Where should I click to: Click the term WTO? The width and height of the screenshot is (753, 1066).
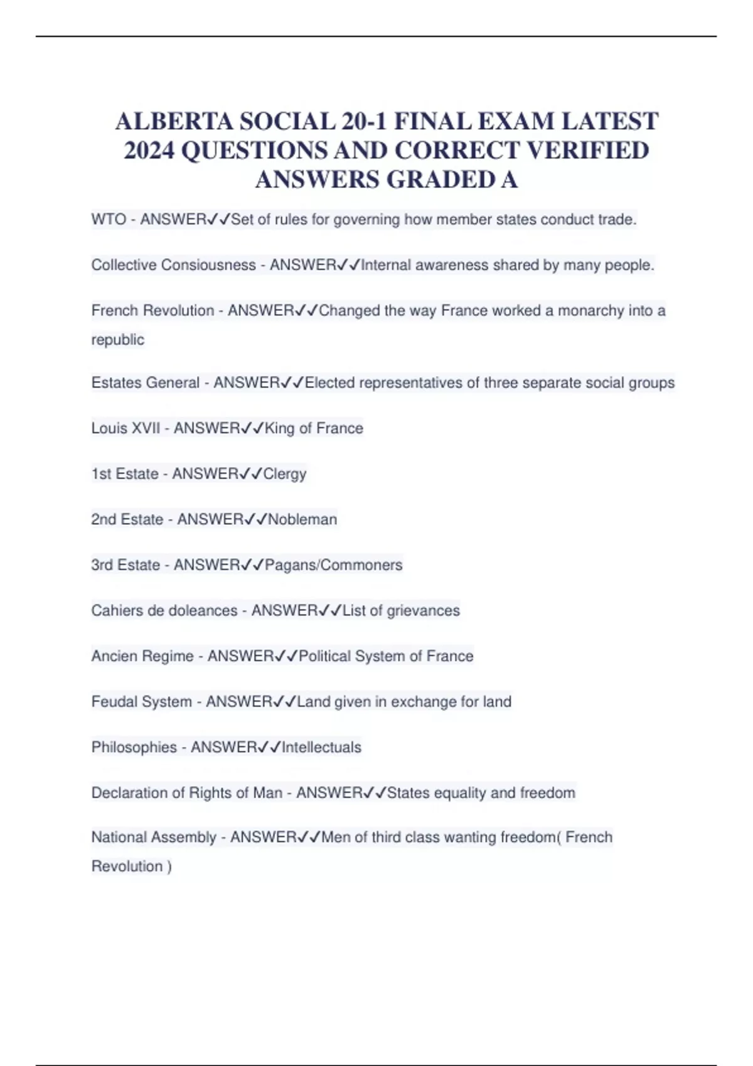point(109,219)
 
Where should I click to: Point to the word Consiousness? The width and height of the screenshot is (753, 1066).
point(209,265)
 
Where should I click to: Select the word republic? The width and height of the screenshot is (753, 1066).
point(118,340)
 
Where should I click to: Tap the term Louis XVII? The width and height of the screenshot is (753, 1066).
point(125,428)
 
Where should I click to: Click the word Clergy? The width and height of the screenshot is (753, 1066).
point(285,474)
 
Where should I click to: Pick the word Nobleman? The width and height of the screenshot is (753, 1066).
point(302,519)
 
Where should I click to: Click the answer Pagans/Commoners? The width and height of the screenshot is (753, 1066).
point(333,565)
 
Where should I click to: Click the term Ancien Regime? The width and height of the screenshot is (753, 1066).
point(142,656)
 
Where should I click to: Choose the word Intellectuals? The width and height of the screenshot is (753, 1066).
point(321,747)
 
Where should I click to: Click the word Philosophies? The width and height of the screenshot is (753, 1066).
point(134,747)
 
